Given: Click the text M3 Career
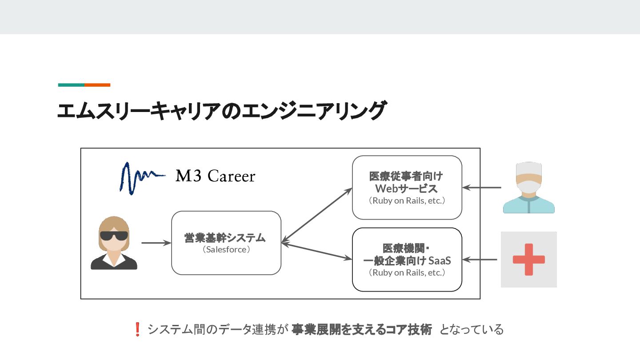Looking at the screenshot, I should (x=216, y=176).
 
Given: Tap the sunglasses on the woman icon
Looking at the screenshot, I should (x=114, y=236).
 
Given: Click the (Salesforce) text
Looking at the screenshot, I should (x=226, y=249).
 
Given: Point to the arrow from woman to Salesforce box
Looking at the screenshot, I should (x=156, y=243).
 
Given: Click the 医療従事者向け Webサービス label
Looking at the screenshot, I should (x=407, y=182).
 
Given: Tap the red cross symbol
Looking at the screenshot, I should (x=528, y=260).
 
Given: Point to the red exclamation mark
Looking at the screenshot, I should (x=137, y=329).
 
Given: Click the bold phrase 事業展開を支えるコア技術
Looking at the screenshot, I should (x=362, y=329).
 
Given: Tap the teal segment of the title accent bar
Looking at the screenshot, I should (x=71, y=85).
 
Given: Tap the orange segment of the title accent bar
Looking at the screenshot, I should (x=97, y=85).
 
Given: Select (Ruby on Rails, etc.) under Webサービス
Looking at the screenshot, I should (x=407, y=200).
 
